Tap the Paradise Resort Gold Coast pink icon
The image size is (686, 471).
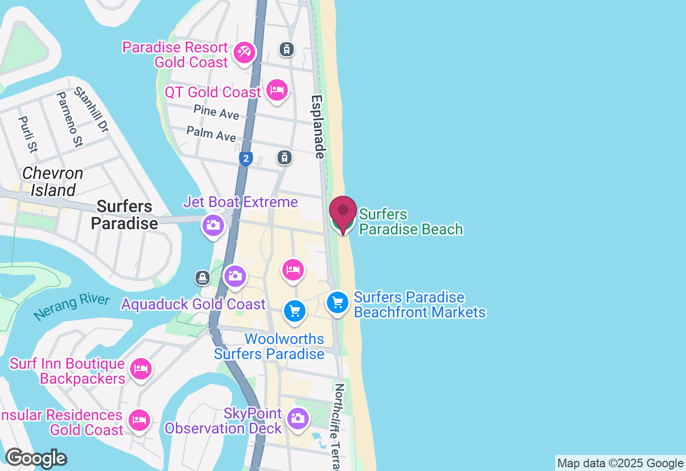(x=245, y=52)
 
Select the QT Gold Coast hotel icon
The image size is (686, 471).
(x=277, y=90)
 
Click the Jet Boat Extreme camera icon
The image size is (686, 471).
(x=213, y=225)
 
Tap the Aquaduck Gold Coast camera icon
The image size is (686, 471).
(x=235, y=276)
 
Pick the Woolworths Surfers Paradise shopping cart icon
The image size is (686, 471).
(x=294, y=310)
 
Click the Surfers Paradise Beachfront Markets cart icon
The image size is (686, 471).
(x=338, y=303)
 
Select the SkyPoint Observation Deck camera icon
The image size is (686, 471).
(x=297, y=418)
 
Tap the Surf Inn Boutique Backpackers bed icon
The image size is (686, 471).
(x=140, y=369)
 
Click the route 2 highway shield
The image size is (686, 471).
(x=245, y=158)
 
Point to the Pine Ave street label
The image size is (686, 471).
(x=217, y=112)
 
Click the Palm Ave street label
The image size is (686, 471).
(x=211, y=134)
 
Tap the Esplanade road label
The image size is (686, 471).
(x=318, y=127)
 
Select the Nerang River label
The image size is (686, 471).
(x=71, y=307)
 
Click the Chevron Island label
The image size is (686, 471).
(x=53, y=182)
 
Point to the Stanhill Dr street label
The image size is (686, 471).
(x=91, y=110)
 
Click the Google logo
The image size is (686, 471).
(x=36, y=459)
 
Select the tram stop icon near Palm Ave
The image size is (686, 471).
(x=285, y=157)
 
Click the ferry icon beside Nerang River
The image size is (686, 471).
(x=202, y=277)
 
